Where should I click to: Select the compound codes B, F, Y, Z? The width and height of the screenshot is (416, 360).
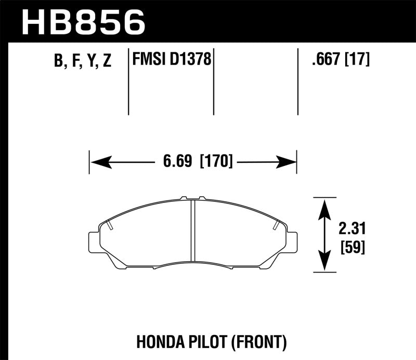83,61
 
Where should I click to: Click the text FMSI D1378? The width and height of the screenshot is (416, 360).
172,60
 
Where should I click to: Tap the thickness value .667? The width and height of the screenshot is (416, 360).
325,60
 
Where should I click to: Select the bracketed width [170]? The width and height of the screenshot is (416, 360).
216,162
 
